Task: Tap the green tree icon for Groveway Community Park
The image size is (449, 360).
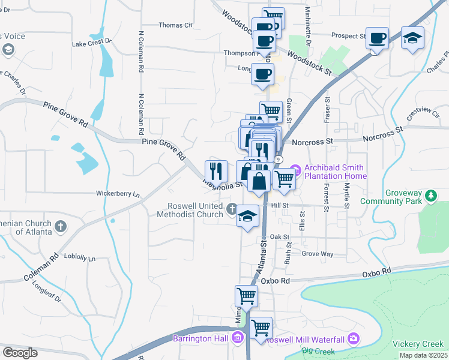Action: (x=430, y=196)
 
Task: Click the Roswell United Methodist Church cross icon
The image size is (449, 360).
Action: (x=233, y=210)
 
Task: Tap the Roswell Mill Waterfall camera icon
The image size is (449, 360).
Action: (x=353, y=339)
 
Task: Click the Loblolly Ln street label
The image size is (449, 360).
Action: (x=83, y=259)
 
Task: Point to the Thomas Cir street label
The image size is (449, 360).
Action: (x=175, y=25)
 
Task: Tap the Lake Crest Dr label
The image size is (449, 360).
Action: (x=92, y=43)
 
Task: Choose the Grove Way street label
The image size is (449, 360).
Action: (x=317, y=254)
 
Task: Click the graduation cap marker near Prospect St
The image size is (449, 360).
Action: (x=413, y=38)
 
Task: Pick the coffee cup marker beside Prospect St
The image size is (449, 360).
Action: (x=377, y=38)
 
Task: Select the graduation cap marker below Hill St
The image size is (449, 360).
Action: (x=247, y=217)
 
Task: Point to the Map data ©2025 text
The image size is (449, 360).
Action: (x=423, y=355)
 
